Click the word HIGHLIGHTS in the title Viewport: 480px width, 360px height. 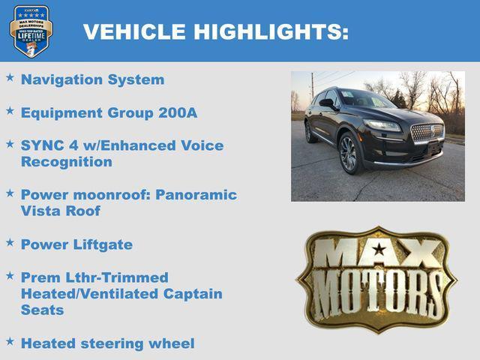(271, 31)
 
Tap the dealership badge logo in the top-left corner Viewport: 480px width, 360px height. (31, 31)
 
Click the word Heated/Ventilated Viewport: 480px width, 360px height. (85, 294)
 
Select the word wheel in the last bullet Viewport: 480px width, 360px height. (169, 343)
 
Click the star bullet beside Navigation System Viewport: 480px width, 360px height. (10, 77)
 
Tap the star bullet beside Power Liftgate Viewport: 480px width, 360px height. (10, 242)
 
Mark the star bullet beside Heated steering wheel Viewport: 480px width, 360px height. (10, 341)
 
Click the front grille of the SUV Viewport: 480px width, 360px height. (427, 133)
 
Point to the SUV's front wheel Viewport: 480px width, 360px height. (348, 153)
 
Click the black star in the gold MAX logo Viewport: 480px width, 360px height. (379, 250)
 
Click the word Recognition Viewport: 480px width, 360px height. (67, 162)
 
